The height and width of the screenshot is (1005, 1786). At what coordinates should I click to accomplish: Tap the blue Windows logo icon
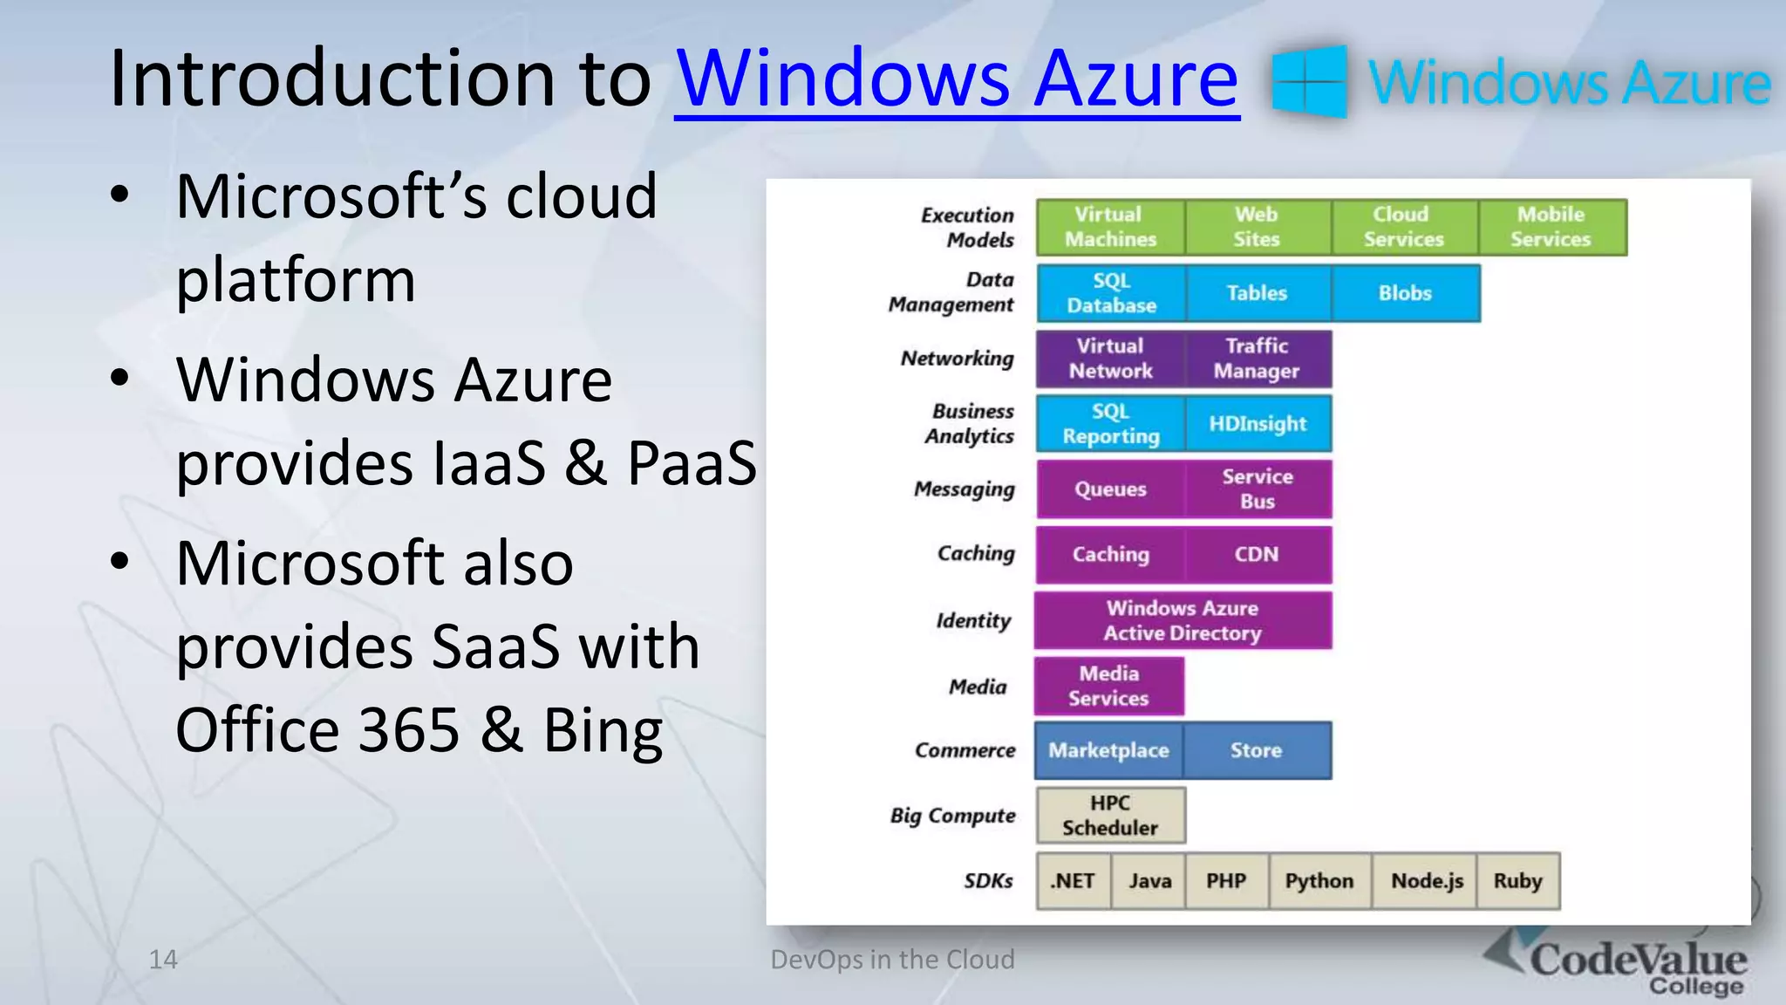tap(1309, 81)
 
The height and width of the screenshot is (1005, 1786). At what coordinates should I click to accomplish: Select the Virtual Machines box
tap(1110, 227)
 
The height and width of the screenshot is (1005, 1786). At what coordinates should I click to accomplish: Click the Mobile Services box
tap(1551, 227)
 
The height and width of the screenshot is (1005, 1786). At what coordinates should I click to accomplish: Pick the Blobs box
tap(1405, 293)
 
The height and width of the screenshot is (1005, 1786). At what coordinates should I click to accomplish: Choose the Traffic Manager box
tap(1257, 359)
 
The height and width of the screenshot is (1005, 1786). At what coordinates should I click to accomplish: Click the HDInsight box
tap(1257, 424)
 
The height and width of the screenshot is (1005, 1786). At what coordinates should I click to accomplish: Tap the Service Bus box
tap(1257, 489)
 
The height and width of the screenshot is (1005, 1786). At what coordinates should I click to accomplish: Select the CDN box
tap(1257, 555)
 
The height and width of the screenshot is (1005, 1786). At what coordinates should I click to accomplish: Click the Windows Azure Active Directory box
tap(1183, 620)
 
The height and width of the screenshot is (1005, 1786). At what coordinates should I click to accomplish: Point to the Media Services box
tap(1108, 686)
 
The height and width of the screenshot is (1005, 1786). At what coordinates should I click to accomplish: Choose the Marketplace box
tap(1108, 750)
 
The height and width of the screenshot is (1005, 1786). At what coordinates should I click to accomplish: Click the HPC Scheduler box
tap(1110, 816)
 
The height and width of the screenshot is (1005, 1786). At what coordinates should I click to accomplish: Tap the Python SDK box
tap(1319, 881)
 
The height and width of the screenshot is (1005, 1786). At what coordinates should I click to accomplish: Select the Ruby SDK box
tap(1517, 881)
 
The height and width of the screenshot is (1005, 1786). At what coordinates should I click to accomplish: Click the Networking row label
tap(958, 359)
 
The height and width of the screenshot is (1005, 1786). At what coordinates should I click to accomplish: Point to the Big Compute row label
tap(952, 816)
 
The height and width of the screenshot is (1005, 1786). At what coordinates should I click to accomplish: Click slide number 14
tap(163, 960)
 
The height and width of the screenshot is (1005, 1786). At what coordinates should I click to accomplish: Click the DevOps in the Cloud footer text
tap(892, 960)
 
